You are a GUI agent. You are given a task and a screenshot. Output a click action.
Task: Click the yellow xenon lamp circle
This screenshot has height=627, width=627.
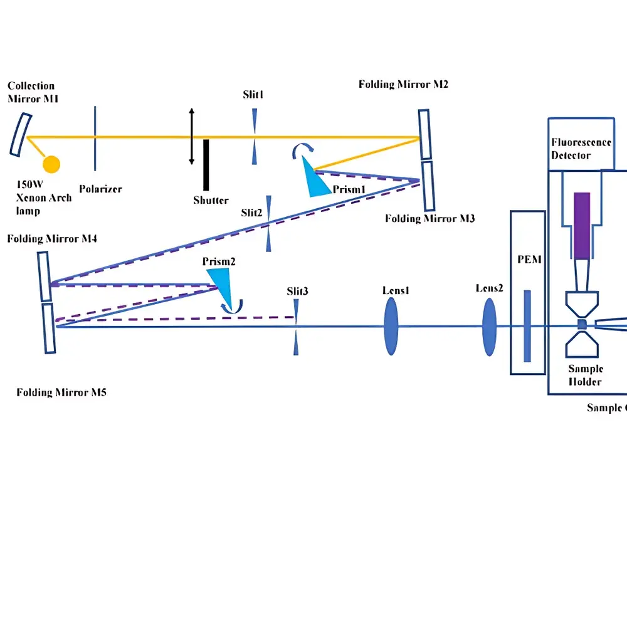(x=51, y=164)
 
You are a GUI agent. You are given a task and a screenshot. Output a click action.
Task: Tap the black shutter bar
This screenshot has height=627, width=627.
(x=206, y=165)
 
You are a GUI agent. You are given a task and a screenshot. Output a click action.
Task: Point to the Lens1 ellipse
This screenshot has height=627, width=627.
(x=390, y=326)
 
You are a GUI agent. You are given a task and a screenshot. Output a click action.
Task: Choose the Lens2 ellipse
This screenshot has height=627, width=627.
(x=489, y=326)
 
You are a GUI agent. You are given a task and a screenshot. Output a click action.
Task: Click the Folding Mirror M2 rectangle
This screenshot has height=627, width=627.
(x=425, y=135)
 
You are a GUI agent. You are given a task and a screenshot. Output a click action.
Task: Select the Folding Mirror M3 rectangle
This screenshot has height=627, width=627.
(x=429, y=186)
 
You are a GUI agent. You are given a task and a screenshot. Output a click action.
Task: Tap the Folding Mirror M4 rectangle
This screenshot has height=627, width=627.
(x=45, y=277)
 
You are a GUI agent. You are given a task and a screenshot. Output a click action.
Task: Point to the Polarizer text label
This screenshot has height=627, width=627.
(x=100, y=189)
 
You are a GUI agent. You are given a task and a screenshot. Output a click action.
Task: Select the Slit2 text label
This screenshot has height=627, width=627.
(x=251, y=213)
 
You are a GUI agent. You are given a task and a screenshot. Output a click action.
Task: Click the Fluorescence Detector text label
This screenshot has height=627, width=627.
(x=581, y=149)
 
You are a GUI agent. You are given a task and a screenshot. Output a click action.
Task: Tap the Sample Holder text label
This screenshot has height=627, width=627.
(x=584, y=375)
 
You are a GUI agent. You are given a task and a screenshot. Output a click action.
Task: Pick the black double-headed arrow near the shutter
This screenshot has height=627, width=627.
(x=192, y=136)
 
